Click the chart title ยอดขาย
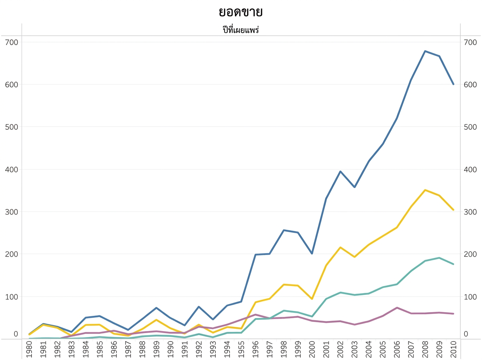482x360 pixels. [241, 12]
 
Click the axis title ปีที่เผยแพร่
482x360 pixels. [241, 30]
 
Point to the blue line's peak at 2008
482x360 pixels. [425, 51]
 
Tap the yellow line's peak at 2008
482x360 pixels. [425, 190]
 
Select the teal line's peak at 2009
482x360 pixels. [439, 258]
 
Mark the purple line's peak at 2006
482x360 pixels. [397, 308]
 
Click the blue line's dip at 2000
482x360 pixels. [312, 254]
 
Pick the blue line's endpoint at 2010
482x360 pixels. [453, 84]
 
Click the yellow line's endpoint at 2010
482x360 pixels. [453, 210]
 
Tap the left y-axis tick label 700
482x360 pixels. [11, 42]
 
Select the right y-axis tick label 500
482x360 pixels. [470, 127]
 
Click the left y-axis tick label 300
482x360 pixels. [11, 212]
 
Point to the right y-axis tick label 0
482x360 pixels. [466, 334]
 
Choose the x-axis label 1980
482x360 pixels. [29, 349]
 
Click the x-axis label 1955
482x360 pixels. [241, 349]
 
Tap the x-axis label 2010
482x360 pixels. [453, 349]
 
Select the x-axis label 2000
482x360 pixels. [312, 349]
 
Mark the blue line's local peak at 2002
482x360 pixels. [340, 171]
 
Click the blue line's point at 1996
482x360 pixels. [255, 255]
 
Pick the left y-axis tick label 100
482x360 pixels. [11, 297]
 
